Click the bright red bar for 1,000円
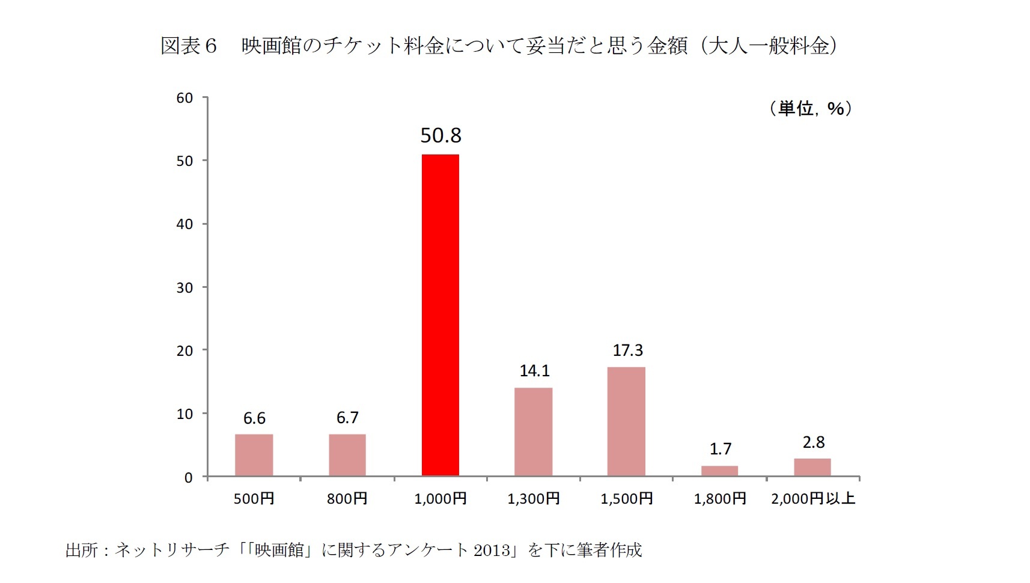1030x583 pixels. point(440,315)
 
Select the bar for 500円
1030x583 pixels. point(254,455)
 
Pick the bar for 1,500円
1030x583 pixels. point(626,421)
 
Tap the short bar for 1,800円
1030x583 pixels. point(719,471)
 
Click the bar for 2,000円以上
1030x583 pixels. point(812,467)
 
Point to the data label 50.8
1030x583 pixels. point(440,136)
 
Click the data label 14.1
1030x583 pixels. point(534,371)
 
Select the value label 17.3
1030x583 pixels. point(627,350)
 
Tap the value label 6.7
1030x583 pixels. point(347,418)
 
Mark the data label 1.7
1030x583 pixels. point(720,449)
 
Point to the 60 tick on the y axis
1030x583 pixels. point(184,98)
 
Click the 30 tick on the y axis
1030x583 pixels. point(184,288)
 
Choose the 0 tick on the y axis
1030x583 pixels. point(188,478)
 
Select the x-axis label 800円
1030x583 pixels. point(347,499)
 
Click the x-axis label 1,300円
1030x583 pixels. point(533,499)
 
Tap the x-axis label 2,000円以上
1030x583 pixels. point(812,498)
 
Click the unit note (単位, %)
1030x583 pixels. point(811,109)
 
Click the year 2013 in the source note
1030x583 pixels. point(492,551)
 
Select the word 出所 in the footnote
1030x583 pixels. point(81,551)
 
